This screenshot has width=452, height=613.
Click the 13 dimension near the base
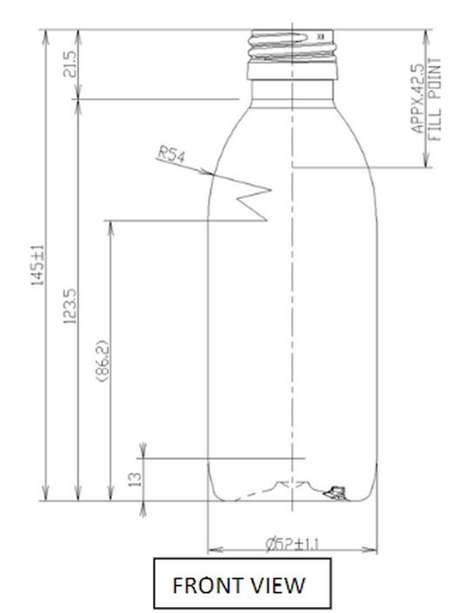tap(134, 479)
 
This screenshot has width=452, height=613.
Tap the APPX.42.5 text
tap(416, 98)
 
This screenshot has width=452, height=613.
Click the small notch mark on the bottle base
tap(331, 495)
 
